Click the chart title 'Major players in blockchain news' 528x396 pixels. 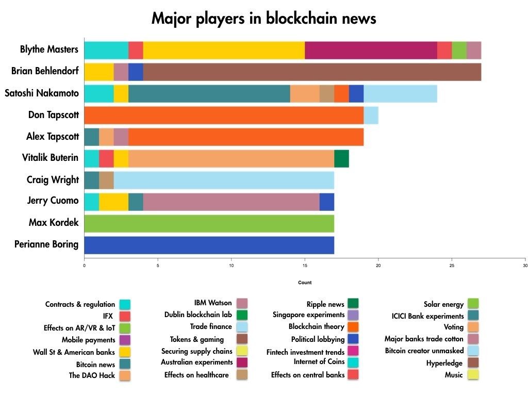263,19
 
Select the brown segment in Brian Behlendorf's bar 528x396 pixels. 312,72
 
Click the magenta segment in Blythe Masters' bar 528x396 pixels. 371,50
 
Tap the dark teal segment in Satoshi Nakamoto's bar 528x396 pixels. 209,94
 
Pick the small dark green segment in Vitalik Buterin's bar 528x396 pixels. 341,158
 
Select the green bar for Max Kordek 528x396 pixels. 209,223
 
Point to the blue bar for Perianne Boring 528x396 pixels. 209,245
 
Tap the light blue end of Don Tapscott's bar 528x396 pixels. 371,115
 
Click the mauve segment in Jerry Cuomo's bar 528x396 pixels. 231,202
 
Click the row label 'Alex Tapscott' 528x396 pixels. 53,137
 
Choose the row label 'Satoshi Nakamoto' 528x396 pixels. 42,93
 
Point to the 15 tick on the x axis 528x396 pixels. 305,266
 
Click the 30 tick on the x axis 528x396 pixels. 525,266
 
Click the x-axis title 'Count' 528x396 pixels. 305,283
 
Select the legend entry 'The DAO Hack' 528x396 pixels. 92,375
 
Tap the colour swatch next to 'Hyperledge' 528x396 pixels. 473,363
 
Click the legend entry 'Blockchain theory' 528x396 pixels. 317,326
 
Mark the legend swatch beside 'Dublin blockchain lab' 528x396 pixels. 241,315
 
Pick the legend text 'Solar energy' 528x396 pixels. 443,304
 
